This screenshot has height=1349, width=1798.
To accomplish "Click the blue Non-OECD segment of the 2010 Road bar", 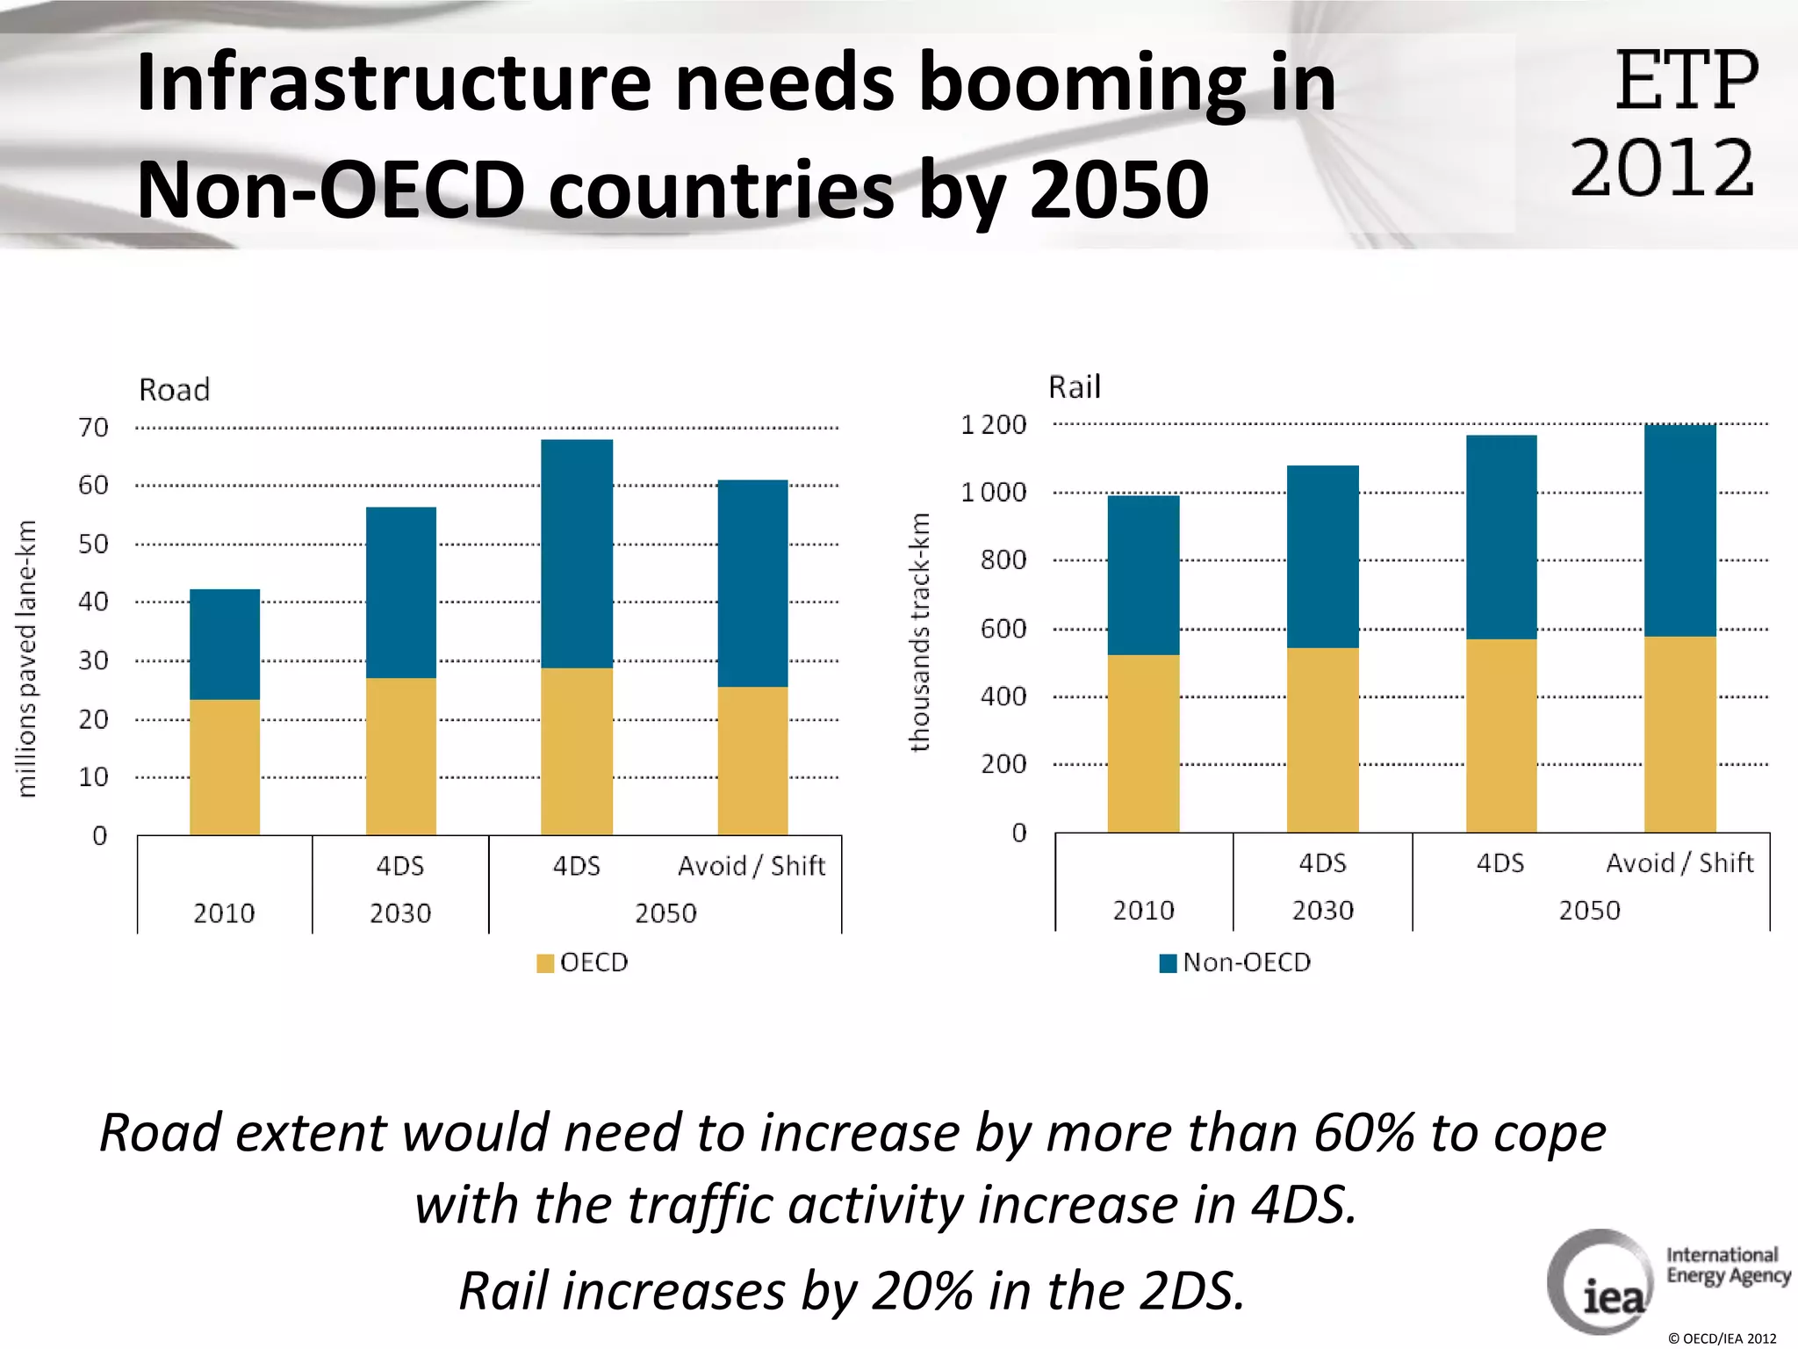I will click(x=225, y=644).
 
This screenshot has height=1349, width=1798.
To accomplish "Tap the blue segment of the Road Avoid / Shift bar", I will click(x=752, y=583).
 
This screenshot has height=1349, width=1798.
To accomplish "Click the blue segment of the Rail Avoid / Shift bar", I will click(x=1679, y=530).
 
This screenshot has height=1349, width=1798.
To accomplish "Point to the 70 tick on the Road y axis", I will click(x=93, y=428).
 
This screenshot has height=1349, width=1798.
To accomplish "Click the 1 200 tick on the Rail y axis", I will click(x=994, y=425).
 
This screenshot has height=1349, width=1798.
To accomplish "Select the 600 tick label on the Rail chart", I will click(x=1003, y=629).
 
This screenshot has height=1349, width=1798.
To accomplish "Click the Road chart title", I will click(x=175, y=390).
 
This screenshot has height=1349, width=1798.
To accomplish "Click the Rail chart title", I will click(x=1074, y=387).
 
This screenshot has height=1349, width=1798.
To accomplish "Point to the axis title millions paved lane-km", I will click(x=27, y=659).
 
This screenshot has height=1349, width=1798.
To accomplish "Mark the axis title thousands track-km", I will click(x=919, y=632).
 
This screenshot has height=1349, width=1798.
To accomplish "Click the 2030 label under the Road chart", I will click(x=400, y=913).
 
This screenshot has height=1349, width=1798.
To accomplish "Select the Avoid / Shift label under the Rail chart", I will click(x=1679, y=863).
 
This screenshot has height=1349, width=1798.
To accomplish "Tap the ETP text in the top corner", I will click(x=1686, y=81).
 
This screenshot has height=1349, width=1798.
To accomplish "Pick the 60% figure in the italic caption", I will click(x=1363, y=1133).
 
